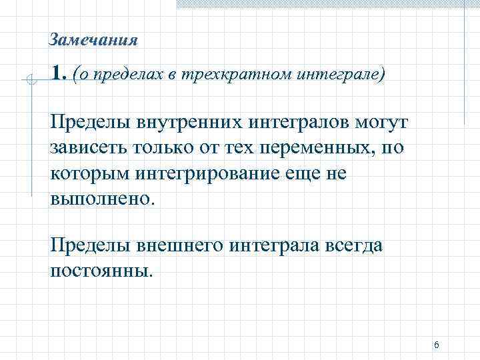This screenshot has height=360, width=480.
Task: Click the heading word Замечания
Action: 93,41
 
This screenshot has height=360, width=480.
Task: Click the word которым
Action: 90,173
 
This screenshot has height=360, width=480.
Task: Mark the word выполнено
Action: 101,198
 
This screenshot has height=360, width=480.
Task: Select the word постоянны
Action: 101,271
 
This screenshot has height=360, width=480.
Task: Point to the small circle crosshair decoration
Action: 29,82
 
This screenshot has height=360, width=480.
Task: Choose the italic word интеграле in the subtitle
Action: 347,74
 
